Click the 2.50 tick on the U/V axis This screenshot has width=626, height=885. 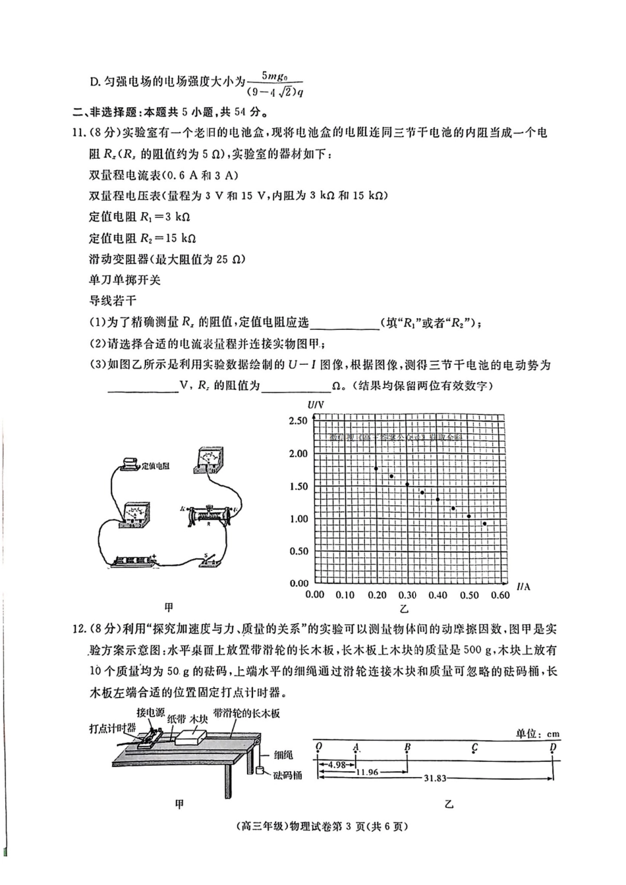point(299,421)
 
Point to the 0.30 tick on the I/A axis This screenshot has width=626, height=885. point(407,595)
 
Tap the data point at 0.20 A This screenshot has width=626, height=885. point(376,469)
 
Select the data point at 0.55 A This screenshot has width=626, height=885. point(484,524)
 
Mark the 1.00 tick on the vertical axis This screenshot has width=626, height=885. point(299,519)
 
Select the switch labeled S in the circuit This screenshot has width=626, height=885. point(212,560)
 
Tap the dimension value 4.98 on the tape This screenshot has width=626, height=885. point(337,764)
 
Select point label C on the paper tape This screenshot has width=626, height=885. point(474,748)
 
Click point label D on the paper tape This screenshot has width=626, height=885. point(553,747)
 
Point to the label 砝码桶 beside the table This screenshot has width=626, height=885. point(287,775)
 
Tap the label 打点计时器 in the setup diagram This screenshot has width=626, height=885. point(113,728)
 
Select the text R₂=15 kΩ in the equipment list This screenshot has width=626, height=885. point(142,238)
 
